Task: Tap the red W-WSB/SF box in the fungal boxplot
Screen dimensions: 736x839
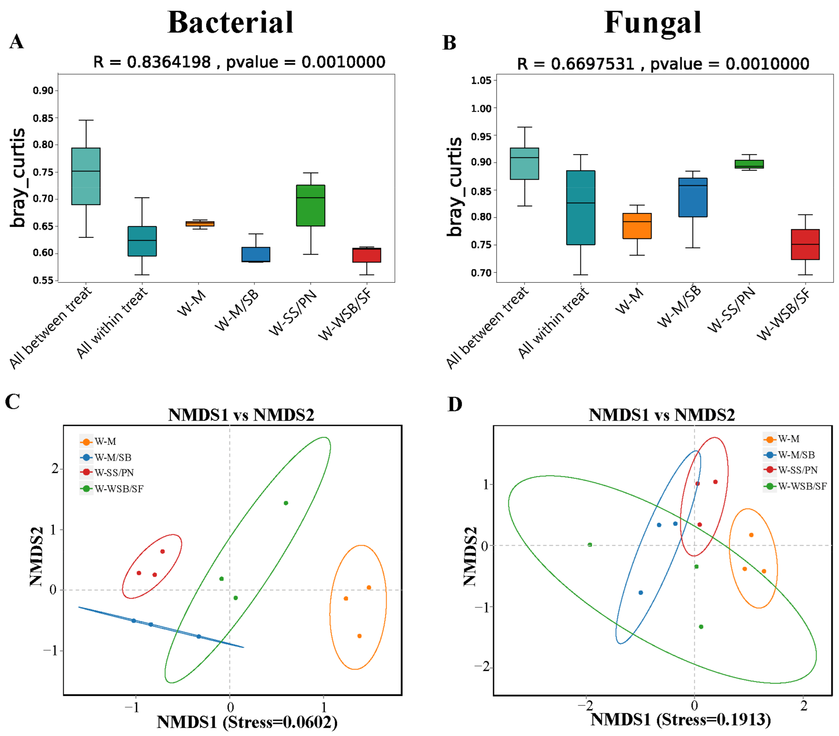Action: coord(805,245)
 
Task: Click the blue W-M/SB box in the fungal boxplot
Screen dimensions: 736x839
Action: coord(693,197)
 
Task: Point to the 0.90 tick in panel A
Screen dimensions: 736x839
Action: coord(43,91)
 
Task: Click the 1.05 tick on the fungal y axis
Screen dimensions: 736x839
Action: coord(481,80)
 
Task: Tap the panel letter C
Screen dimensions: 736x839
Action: coord(12,402)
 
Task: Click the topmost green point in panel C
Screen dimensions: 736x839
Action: coord(286,503)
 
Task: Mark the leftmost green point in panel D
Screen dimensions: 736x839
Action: coord(590,545)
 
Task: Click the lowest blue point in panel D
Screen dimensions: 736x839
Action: coord(641,592)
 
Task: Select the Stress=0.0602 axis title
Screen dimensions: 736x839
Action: coord(247,722)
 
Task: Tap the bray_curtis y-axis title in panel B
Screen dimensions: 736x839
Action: coord(455,187)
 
